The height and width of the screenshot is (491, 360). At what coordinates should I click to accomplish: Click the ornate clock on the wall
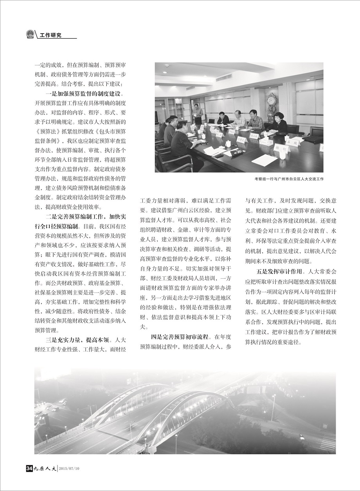(x=271, y=103)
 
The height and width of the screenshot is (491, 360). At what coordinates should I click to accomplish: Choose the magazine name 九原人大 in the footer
(x=44, y=468)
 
